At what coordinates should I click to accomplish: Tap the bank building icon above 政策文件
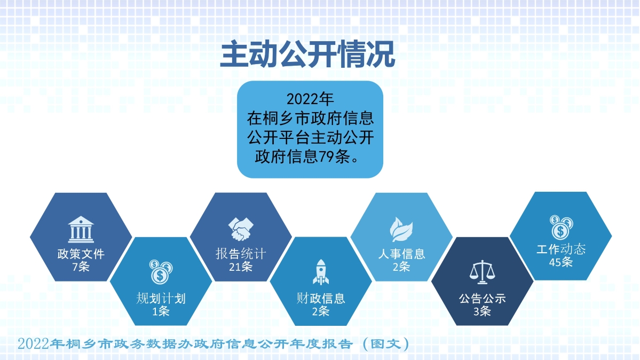pos(81,229)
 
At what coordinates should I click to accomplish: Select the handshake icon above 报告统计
pos(241,229)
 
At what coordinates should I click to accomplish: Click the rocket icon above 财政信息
pos(321,272)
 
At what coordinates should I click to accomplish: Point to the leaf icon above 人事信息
pos(401,229)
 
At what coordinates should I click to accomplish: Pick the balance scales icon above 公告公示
pos(481,272)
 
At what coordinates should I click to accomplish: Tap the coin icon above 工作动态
pos(561,226)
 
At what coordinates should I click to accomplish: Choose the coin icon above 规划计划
pos(161,272)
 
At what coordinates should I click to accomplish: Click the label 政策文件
pos(81,254)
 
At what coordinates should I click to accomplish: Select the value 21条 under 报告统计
pos(241,266)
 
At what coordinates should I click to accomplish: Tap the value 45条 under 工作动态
pos(561,262)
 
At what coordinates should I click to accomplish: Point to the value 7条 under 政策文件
pos(81,266)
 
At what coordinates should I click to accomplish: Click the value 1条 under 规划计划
pos(161,311)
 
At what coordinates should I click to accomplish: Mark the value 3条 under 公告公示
pos(482,311)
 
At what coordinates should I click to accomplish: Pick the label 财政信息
pos(321,298)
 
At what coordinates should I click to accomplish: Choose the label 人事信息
pos(401,254)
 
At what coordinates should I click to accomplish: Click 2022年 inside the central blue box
pos(310,99)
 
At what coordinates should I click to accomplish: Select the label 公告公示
pos(482,299)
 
